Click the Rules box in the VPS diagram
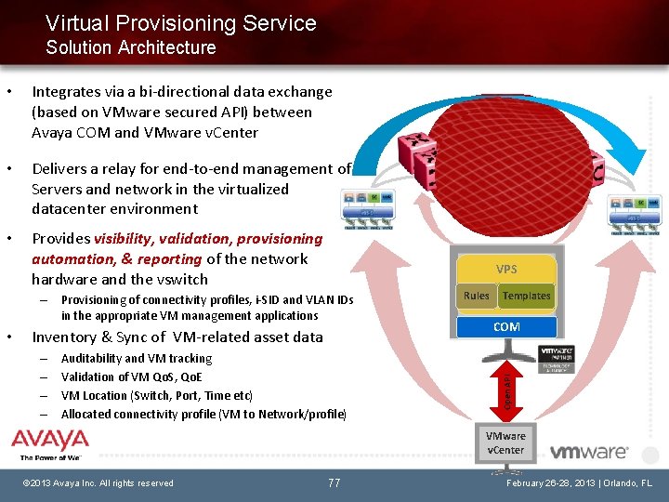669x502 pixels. click(477, 296)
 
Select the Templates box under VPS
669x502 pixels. click(526, 296)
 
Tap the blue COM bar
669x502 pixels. click(506, 327)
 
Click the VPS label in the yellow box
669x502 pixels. click(506, 270)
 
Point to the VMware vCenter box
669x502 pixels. click(505, 443)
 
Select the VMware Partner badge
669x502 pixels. click(557, 359)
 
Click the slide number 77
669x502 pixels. click(334, 482)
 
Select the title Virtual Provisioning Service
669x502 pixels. click(180, 23)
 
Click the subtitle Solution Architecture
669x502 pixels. click(130, 47)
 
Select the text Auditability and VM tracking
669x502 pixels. click(136, 359)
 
